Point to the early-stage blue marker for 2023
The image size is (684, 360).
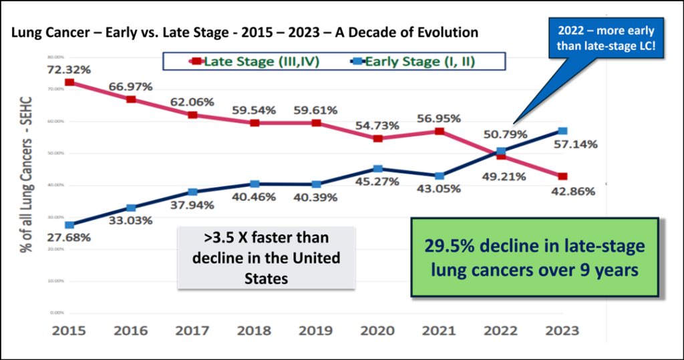pyautogui.click(x=563, y=131)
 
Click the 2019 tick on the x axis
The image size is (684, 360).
pyautogui.click(x=316, y=331)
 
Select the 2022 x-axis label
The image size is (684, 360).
pyautogui.click(x=501, y=331)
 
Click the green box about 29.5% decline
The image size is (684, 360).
pyautogui.click(x=535, y=258)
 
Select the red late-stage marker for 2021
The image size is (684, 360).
pyautogui.click(x=440, y=131)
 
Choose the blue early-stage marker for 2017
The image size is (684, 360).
pyautogui.click(x=193, y=192)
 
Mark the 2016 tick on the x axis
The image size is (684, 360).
pyautogui.click(x=132, y=331)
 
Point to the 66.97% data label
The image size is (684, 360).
pyautogui.click(x=132, y=86)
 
